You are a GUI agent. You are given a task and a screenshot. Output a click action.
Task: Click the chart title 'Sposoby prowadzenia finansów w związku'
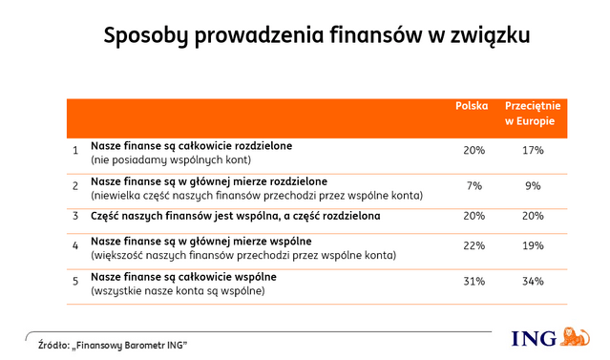coord(316,37)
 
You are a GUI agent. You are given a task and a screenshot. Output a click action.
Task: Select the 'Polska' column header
coord(473,107)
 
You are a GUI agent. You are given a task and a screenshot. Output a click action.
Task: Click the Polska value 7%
coord(473,186)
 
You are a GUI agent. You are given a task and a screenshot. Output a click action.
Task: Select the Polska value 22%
coord(473,246)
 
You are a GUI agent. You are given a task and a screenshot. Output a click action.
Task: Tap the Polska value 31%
coord(473,282)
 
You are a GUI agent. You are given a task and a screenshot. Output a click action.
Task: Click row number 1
coord(74,151)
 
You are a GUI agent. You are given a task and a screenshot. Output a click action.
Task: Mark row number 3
coord(74,216)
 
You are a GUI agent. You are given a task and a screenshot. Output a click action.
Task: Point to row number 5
coord(74,282)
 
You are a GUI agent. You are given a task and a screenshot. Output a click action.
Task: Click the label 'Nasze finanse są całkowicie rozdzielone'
coord(191,145)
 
